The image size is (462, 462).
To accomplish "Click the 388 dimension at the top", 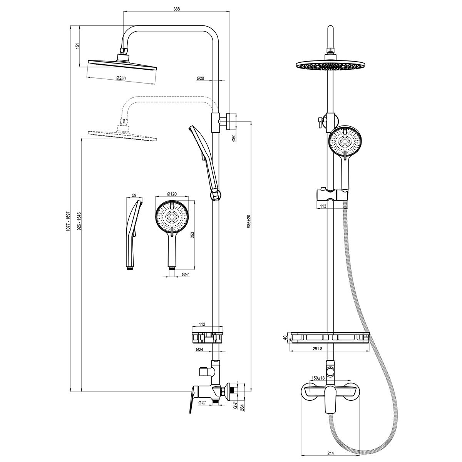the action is click(x=176, y=9).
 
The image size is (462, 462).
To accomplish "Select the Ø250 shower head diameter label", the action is click(x=121, y=78).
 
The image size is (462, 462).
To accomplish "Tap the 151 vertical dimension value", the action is click(x=77, y=46).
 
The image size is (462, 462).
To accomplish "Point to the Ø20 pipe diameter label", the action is click(x=200, y=78).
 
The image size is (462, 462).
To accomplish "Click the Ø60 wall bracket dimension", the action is click(x=234, y=138).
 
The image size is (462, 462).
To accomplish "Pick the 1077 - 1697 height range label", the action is click(x=68, y=221).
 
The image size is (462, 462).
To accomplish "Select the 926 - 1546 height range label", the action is click(x=79, y=221).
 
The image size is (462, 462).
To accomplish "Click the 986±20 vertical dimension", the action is click(x=249, y=221).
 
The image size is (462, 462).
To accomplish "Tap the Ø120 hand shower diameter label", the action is click(x=172, y=194).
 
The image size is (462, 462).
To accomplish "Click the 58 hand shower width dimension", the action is click(x=134, y=196).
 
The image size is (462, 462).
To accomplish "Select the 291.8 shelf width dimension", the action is click(x=317, y=349).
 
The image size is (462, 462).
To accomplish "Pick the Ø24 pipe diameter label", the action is click(x=199, y=349).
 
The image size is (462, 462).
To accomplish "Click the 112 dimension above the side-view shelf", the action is click(x=202, y=325).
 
